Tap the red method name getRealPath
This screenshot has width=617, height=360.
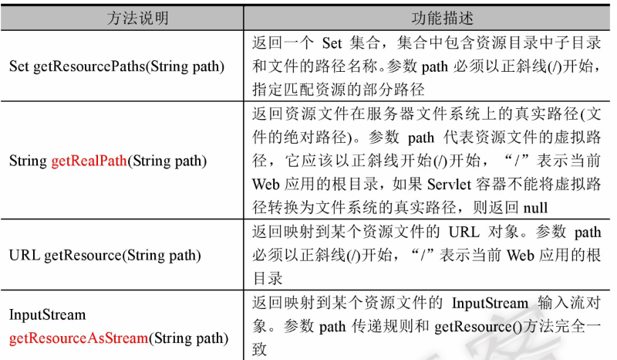[89, 161]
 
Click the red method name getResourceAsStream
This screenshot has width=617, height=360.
[77, 338]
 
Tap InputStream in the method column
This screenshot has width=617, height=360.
[47, 315]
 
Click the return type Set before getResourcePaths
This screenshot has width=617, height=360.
[19, 66]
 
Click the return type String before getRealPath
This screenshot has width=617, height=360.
[29, 161]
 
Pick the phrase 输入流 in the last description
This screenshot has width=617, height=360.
[561, 304]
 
